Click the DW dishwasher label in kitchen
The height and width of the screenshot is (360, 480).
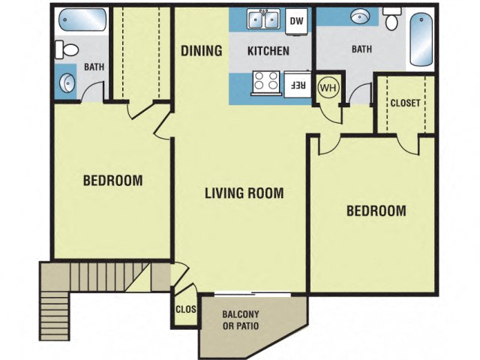pyautogui.click(x=297, y=21)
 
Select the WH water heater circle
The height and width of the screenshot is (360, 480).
pyautogui.click(x=328, y=86)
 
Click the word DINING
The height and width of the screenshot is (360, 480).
pyautogui.click(x=202, y=51)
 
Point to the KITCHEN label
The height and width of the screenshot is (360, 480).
pyautogui.click(x=268, y=52)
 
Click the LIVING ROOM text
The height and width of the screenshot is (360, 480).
pyautogui.click(x=244, y=193)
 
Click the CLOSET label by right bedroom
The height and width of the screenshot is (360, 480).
pyautogui.click(x=405, y=103)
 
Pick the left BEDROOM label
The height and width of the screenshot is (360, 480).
pyautogui.click(x=112, y=181)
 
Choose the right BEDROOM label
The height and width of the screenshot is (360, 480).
pyautogui.click(x=376, y=211)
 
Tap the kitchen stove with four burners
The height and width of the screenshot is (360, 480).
pyautogui.click(x=264, y=82)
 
